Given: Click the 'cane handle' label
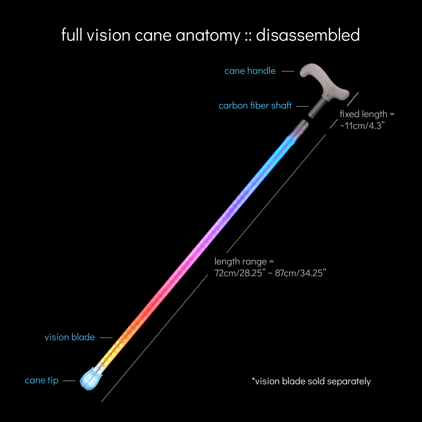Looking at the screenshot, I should coord(250,71).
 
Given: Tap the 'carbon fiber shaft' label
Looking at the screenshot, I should coord(255,106).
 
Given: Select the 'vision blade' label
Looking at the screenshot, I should coord(70,337).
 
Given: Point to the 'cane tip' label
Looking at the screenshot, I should coord(41,381).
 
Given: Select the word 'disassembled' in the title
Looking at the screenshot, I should coord(308,35).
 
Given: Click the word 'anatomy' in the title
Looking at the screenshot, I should coord(208,36).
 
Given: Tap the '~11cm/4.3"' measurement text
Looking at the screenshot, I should coord(362,126).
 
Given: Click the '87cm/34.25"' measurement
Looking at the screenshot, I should coord(301,273).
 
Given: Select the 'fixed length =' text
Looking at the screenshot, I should coord(367,114).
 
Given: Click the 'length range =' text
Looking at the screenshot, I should coord(244,262).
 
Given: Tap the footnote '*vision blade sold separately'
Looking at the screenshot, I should coord(311,381).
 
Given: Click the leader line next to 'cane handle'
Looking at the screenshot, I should coord(288,71).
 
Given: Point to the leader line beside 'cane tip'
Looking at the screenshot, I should coord(69,381).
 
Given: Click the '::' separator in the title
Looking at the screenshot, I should coord(248,36).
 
